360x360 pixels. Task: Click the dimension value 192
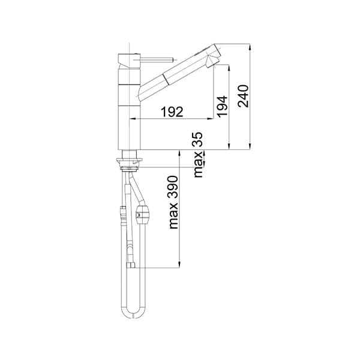point(172,112)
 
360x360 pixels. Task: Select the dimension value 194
point(223,107)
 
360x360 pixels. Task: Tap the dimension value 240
point(244,96)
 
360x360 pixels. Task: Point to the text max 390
point(173,202)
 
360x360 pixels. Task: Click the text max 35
point(198,155)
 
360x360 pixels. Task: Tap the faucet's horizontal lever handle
point(155,59)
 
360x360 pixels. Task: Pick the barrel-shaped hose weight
point(143,215)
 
